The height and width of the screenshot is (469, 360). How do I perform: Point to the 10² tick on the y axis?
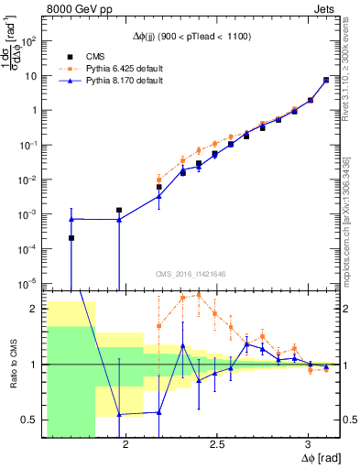point(29,41)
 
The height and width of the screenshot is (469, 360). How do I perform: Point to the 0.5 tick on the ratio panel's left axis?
point(29,420)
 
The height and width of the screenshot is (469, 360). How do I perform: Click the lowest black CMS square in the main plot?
point(71,238)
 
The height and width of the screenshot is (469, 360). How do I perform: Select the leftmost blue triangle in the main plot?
point(71,219)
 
